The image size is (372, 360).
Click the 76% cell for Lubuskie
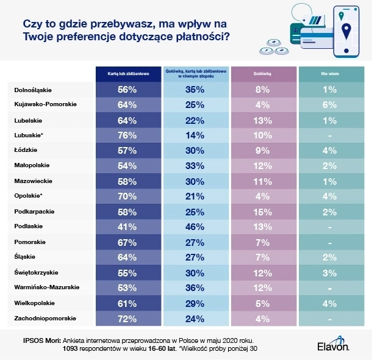(127, 135)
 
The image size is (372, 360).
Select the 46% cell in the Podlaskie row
(195, 226)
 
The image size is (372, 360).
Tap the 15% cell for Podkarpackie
(262, 211)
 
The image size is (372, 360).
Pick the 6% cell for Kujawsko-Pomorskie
(329, 104)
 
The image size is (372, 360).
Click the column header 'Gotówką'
(262, 73)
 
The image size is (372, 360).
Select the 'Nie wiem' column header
(329, 73)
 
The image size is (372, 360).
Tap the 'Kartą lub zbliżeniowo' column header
(127, 73)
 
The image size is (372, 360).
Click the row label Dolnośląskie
(34, 90)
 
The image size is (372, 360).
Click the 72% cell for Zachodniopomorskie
(127, 318)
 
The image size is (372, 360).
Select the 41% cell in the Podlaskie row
(127, 226)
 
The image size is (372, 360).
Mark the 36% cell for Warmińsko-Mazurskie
(195, 287)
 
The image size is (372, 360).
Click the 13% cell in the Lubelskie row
(262, 120)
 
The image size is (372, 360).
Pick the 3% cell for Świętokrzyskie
(329, 272)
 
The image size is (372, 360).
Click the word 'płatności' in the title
(204, 37)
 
